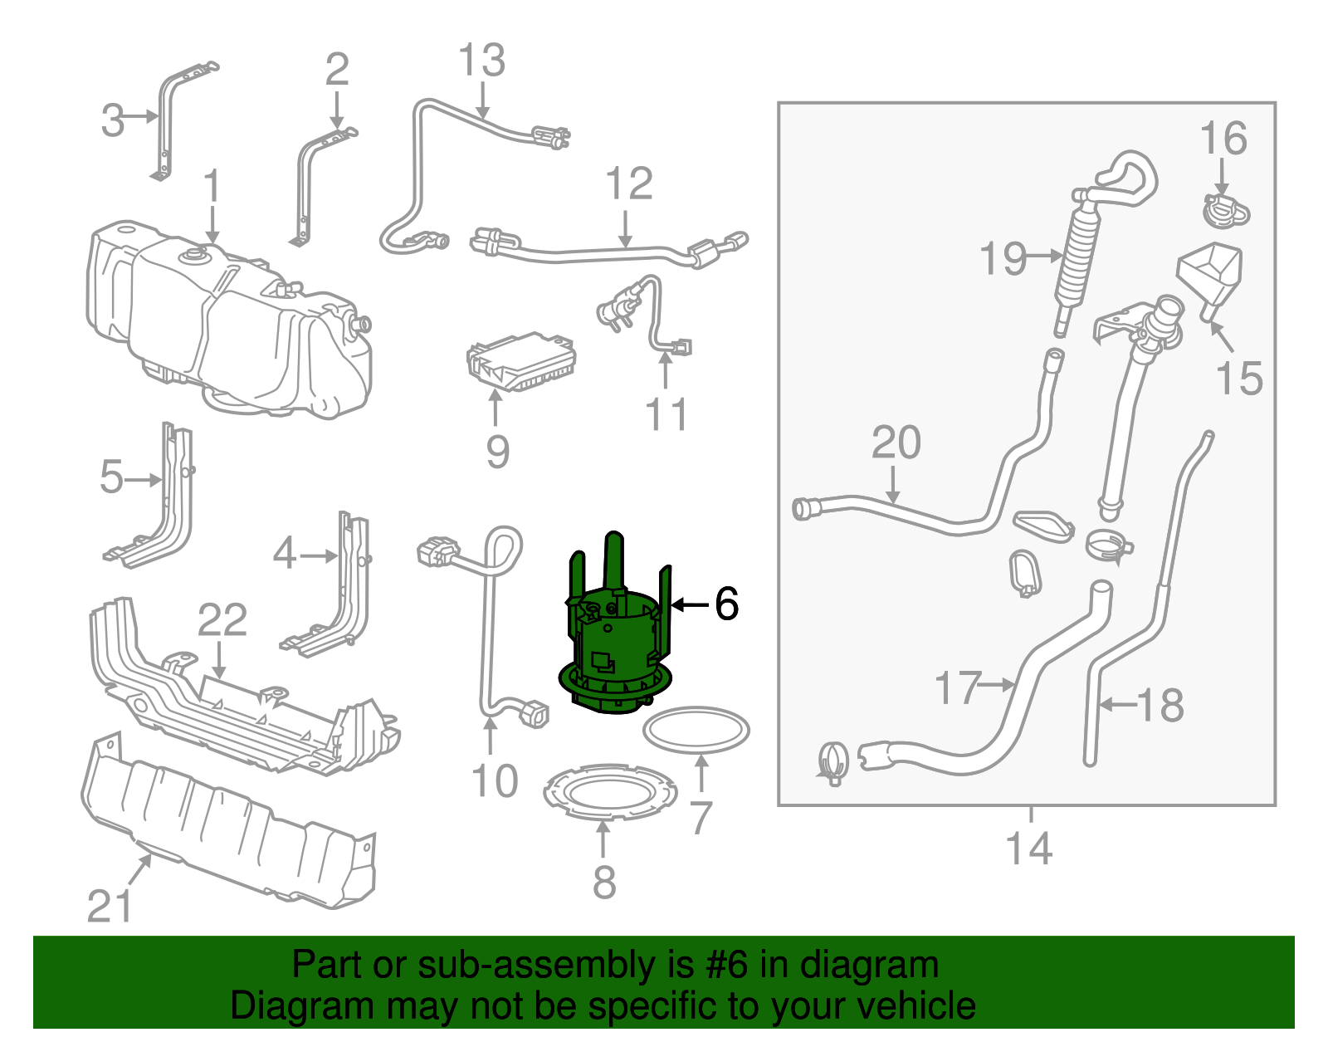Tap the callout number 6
tap(726, 604)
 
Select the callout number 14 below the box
tap(1029, 849)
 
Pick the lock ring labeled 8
tap(609, 792)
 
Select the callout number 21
tap(110, 906)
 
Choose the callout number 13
tap(481, 61)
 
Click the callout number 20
tap(896, 443)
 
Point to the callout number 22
tap(222, 620)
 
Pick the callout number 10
tap(495, 781)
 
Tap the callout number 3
tap(113, 120)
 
